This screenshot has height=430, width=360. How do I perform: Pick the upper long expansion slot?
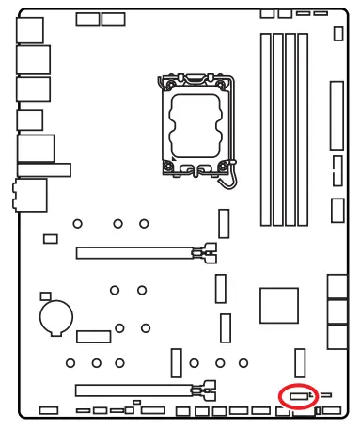coord(140,252)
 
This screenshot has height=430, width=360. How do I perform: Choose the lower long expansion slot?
coord(140,387)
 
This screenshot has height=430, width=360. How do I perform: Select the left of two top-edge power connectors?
coord(87,19)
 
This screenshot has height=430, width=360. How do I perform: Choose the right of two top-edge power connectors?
coord(115,19)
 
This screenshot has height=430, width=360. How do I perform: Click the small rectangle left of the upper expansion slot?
coord(52,239)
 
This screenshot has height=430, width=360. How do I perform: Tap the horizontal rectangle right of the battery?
coord(94,336)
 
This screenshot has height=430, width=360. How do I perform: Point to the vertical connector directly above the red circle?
coord(300,364)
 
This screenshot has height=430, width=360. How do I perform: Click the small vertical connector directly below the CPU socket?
coord(224,224)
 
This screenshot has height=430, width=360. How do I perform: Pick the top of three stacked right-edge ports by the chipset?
coord(338,286)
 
